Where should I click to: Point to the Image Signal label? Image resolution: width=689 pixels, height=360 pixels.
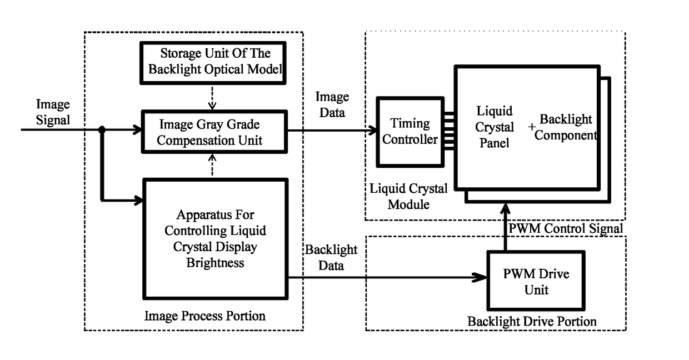53,112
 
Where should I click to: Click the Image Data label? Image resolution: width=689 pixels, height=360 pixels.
332,104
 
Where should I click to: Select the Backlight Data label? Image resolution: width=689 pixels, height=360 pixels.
331,258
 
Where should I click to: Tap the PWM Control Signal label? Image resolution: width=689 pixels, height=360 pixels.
566,228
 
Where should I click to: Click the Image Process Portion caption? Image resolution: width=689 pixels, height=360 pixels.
205,316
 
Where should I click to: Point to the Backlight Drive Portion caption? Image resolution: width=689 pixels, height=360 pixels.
532,321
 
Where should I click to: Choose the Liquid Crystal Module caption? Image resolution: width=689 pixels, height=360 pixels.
408,196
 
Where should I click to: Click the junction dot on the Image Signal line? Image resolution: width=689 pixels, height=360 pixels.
102,130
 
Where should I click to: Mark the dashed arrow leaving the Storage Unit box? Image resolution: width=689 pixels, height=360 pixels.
212,97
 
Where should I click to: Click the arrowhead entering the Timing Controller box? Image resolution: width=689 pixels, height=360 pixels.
372,131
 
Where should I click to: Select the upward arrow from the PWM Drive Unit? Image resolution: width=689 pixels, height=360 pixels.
505,227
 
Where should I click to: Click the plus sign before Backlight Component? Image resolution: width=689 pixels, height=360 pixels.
532,127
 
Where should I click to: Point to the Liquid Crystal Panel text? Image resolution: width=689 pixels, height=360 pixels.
495,127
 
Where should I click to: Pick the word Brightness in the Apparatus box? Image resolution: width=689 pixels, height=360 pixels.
216,263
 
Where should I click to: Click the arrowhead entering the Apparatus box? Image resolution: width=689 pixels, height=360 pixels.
138,201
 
